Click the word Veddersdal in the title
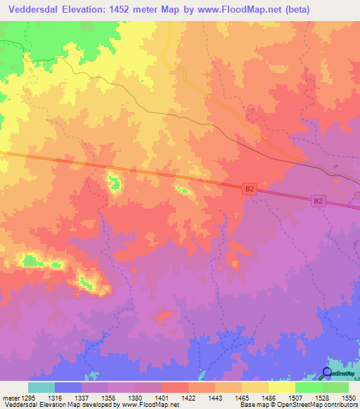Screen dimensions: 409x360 pos(32,8)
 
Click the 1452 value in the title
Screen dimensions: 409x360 pos(120,8)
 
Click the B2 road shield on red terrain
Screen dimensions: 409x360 pos(249,189)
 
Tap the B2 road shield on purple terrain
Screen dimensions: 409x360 pos(319,201)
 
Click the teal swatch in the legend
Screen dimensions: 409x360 pos(41,387)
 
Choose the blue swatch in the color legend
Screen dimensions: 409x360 pos(68,387)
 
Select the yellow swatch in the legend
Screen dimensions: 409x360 pos(282,387)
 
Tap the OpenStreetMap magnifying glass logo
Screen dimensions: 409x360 pos(327,374)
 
